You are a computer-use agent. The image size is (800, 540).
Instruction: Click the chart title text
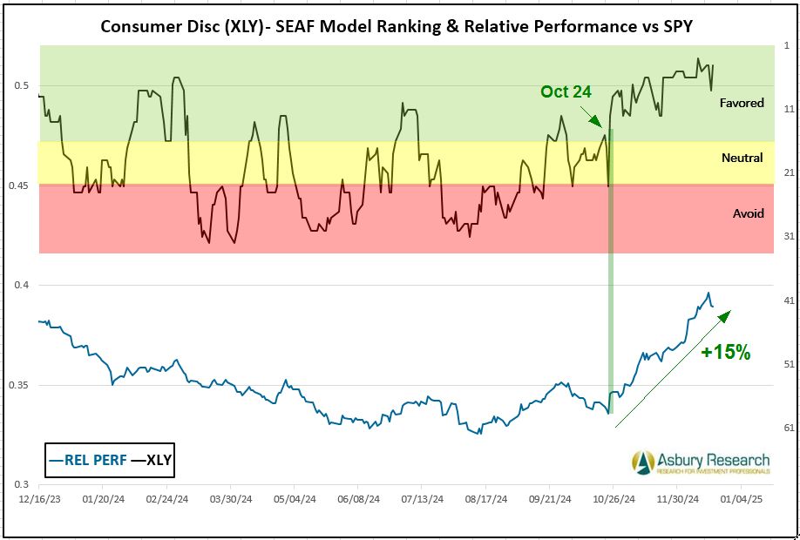[x=397, y=25]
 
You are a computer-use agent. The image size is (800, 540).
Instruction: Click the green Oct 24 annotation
[x=566, y=91]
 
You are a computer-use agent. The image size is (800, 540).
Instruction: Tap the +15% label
[x=726, y=353]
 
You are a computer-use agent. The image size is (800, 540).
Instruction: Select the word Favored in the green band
[x=742, y=103]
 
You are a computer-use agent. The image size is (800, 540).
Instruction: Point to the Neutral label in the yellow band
[x=742, y=158]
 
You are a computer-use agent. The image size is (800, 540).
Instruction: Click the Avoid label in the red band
[x=748, y=213]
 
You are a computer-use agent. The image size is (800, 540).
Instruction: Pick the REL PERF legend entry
[x=90, y=461]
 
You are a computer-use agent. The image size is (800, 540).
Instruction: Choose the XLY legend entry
[x=151, y=461]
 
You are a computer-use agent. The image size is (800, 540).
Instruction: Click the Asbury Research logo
[x=702, y=462]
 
